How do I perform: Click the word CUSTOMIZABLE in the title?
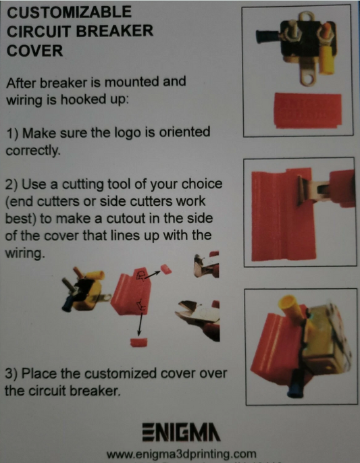point(69,13)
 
